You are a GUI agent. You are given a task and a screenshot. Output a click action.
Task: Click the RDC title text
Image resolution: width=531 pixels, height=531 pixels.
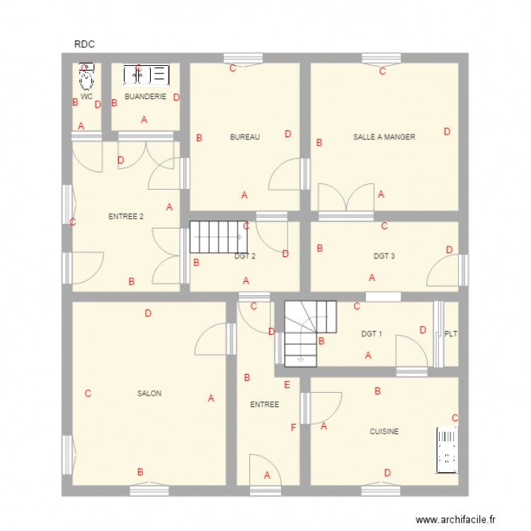pyautogui.click(x=84, y=45)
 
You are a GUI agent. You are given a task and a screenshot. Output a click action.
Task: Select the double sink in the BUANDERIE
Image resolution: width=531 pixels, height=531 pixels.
pyautogui.click(x=147, y=74)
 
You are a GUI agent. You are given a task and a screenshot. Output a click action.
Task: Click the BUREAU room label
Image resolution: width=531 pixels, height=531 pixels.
pyautogui.click(x=245, y=137)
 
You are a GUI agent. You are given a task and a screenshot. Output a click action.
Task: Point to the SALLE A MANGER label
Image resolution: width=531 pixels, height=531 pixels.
pyautogui.click(x=384, y=137)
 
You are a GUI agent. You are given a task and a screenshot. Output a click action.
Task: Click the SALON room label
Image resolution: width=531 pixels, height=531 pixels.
pyautogui.click(x=149, y=394)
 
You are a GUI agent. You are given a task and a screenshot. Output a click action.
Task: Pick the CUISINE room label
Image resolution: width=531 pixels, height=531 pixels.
pyautogui.click(x=384, y=431)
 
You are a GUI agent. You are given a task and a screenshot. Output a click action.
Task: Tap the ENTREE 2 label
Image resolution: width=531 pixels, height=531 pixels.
pyautogui.click(x=126, y=217)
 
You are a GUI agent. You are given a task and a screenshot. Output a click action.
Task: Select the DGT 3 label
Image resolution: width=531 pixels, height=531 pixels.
pyautogui.click(x=384, y=256)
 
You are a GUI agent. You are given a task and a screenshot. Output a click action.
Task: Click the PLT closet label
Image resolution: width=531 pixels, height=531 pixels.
pyautogui.click(x=450, y=333)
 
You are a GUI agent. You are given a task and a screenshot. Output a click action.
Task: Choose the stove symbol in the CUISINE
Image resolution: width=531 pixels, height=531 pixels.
pyautogui.click(x=447, y=450)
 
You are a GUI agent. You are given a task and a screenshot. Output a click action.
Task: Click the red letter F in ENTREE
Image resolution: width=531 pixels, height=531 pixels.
pyautogui.click(x=293, y=428)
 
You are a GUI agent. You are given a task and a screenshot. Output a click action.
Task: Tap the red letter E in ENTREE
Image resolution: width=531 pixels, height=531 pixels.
pyautogui.click(x=287, y=385)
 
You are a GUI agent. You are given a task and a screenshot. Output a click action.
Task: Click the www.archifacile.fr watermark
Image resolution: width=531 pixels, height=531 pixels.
pyautogui.click(x=457, y=519)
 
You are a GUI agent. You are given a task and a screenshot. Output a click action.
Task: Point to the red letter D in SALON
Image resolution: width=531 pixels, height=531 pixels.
pyautogui.click(x=148, y=314)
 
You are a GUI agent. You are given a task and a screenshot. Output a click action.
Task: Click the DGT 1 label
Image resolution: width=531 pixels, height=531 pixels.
pyautogui.click(x=372, y=333)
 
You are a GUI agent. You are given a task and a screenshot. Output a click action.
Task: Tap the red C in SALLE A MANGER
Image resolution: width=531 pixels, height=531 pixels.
pyautogui.click(x=382, y=71)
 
